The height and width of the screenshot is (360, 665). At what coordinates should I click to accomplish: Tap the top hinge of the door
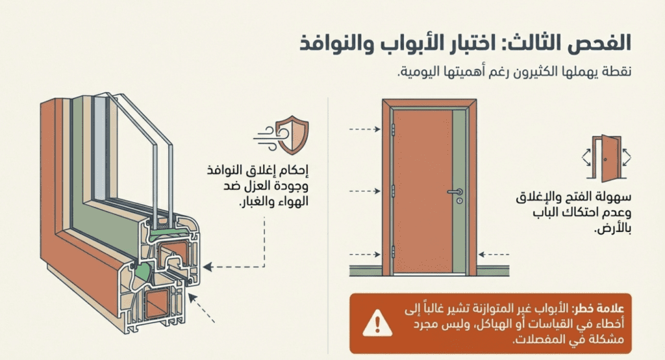[392, 129]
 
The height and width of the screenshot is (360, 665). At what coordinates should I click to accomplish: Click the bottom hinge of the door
[392, 253]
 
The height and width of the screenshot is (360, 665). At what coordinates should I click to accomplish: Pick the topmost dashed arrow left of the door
[364, 129]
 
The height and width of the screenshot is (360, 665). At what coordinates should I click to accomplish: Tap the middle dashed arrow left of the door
[364, 191]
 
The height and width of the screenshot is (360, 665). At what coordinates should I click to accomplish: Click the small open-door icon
[609, 158]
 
